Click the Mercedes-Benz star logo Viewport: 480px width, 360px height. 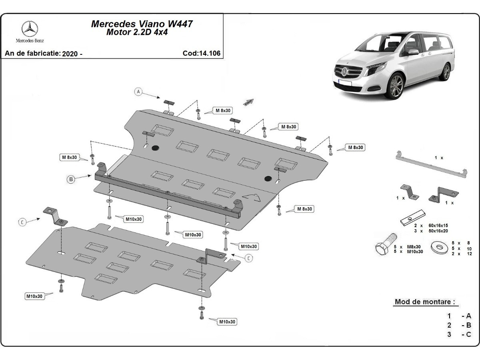(30, 29)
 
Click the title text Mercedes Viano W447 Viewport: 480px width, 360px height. (142, 24)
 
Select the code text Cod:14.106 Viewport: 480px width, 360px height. (201, 53)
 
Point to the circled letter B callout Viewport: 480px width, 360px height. (71, 180)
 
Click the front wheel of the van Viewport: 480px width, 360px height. (396, 86)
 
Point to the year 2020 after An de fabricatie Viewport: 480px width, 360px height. (72, 54)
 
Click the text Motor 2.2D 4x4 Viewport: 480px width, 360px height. (137, 33)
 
